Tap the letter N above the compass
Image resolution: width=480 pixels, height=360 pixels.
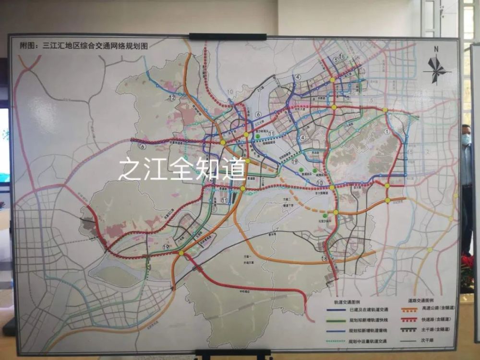[436, 49]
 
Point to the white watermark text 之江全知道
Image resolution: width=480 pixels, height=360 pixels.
[182, 169]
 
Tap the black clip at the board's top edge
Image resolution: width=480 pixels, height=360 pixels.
[228, 36]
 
